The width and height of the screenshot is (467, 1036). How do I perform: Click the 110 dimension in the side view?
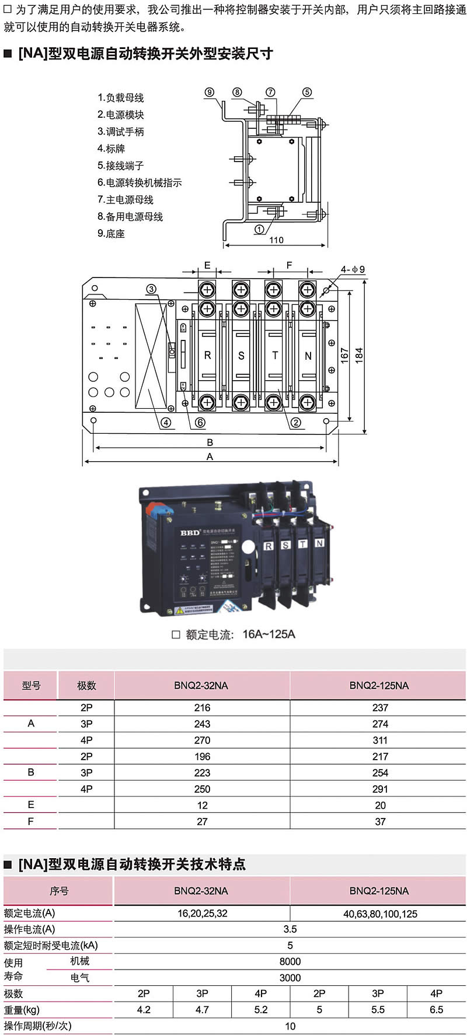coord(276,240)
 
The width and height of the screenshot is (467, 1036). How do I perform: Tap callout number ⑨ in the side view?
coord(210,92)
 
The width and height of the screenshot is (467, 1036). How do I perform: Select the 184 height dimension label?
coord(359,355)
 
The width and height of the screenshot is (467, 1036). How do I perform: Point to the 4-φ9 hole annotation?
coord(353,269)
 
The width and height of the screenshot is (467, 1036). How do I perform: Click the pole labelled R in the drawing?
coord(207,355)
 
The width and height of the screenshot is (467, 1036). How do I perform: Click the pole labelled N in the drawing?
coord(308,356)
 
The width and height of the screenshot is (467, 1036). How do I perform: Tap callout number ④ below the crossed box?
coord(166,423)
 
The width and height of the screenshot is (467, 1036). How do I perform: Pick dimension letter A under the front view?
coord(210,457)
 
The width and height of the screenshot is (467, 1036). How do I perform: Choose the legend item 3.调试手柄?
coord(121,132)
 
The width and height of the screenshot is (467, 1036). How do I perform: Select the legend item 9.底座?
coord(111,234)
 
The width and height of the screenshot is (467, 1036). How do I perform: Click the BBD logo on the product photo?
coord(190,532)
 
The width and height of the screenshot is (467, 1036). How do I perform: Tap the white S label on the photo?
coord(285,545)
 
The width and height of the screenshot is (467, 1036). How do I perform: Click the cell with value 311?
coord(380,740)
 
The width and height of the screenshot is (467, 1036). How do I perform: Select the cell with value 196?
coord(202,757)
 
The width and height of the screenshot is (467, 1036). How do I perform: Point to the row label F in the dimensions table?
coord(31,821)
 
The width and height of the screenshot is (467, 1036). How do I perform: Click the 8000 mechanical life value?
coord(290,961)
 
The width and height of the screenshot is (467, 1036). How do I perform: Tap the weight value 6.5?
coord(436,1010)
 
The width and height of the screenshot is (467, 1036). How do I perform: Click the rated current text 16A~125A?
coord(269,634)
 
